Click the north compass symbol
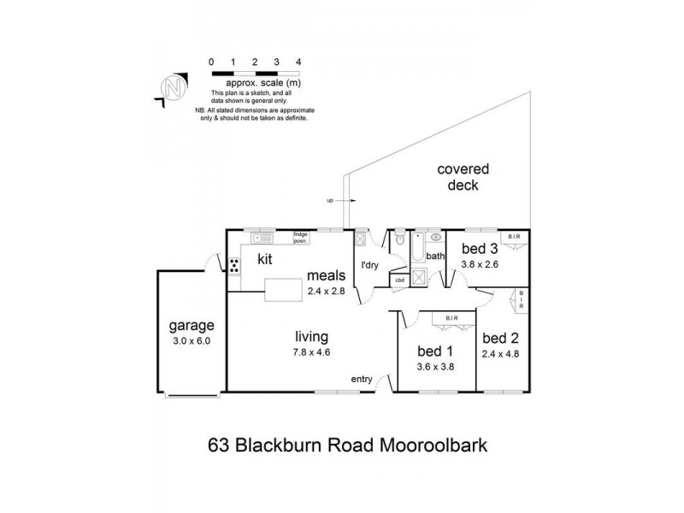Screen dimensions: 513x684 pyautogui.click(x=174, y=87)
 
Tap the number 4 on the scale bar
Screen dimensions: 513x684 pyautogui.click(x=298, y=62)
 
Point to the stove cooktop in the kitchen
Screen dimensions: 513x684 pyautogui.click(x=233, y=266)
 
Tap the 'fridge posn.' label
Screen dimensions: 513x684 pyautogui.click(x=300, y=237)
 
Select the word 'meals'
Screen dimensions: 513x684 pyautogui.click(x=327, y=275)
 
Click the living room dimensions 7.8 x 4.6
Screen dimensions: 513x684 pyautogui.click(x=313, y=351)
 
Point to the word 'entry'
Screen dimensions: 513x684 pyautogui.click(x=363, y=379)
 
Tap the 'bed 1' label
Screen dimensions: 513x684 pyautogui.click(x=434, y=351)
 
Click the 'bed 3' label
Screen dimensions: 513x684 pyautogui.click(x=480, y=250)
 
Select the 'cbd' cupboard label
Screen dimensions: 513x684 pyautogui.click(x=399, y=280)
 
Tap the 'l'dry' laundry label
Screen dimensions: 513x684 pyautogui.click(x=370, y=265)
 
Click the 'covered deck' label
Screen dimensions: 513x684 pyautogui.click(x=457, y=177)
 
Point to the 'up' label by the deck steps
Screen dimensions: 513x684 pyautogui.click(x=329, y=201)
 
